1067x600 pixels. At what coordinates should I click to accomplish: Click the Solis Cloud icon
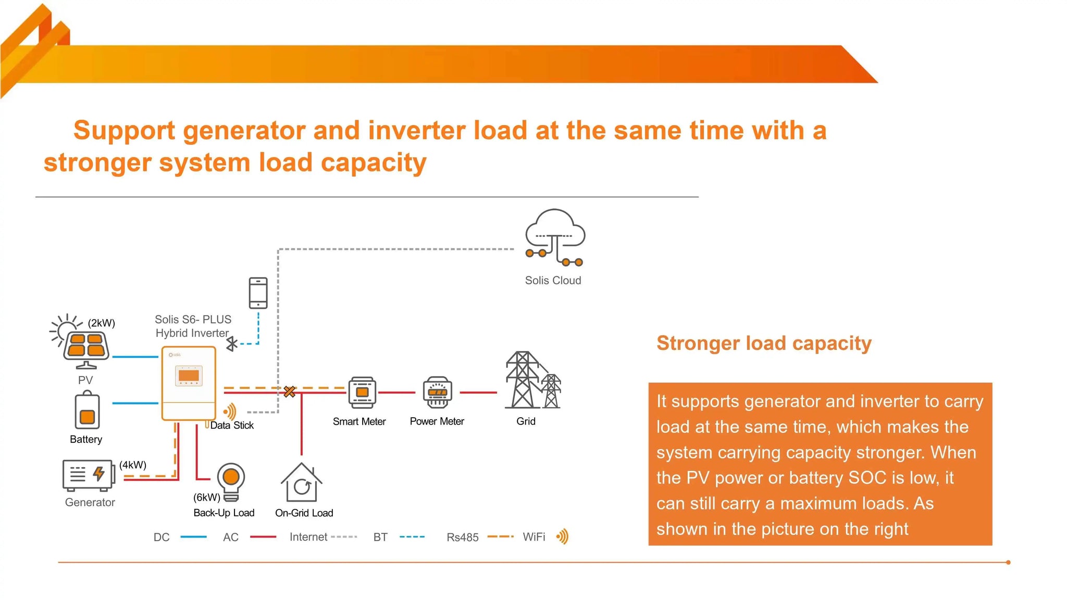point(554,238)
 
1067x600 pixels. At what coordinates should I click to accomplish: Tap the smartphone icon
point(258,293)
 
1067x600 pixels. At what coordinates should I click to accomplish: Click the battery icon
point(87,411)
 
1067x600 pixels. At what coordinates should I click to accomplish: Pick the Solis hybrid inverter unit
point(189,383)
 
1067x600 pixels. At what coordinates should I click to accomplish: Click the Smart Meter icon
point(362,392)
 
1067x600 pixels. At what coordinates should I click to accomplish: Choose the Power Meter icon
point(438,392)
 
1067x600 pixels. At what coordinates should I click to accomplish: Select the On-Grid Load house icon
point(302,483)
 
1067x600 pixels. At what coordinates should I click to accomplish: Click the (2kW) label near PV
point(102,323)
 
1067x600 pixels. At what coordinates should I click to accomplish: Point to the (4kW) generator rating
point(133,465)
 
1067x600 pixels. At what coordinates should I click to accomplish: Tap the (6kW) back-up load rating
point(207,497)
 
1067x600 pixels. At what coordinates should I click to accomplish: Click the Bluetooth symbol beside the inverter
point(232,344)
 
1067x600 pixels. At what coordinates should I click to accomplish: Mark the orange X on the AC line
point(290,392)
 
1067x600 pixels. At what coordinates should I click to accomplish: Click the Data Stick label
point(232,426)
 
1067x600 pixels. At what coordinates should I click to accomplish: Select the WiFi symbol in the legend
point(562,536)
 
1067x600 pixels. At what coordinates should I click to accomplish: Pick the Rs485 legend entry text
point(462,537)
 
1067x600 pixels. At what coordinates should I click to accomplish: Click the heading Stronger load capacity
point(764,343)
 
